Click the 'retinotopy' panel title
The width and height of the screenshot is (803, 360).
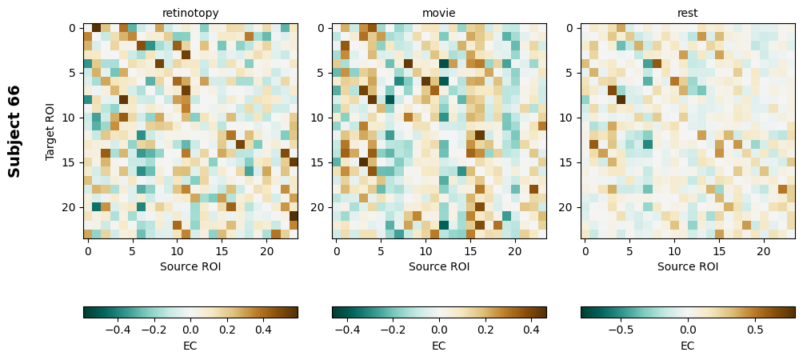click(x=190, y=13)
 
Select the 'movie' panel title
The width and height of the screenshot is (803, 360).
click(x=439, y=13)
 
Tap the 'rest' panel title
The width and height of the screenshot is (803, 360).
click(x=688, y=13)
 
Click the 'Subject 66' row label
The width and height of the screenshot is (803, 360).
click(x=14, y=130)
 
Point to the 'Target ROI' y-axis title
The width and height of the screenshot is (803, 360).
click(x=50, y=130)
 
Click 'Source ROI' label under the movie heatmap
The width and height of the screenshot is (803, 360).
click(x=439, y=266)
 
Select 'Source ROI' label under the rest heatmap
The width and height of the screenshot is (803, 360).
click(x=688, y=266)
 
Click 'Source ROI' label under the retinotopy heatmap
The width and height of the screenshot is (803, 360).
click(x=190, y=266)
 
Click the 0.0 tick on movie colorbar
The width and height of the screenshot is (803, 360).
click(x=439, y=329)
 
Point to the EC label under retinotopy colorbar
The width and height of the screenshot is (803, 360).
click(x=190, y=346)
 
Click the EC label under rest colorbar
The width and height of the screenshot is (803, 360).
click(x=688, y=346)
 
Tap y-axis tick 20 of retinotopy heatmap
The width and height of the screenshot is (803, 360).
click(x=70, y=207)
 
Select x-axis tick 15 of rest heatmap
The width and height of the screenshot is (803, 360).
click(x=719, y=251)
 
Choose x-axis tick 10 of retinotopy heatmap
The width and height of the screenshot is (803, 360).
click(x=177, y=251)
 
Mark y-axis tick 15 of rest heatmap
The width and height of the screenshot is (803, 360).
click(x=569, y=162)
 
